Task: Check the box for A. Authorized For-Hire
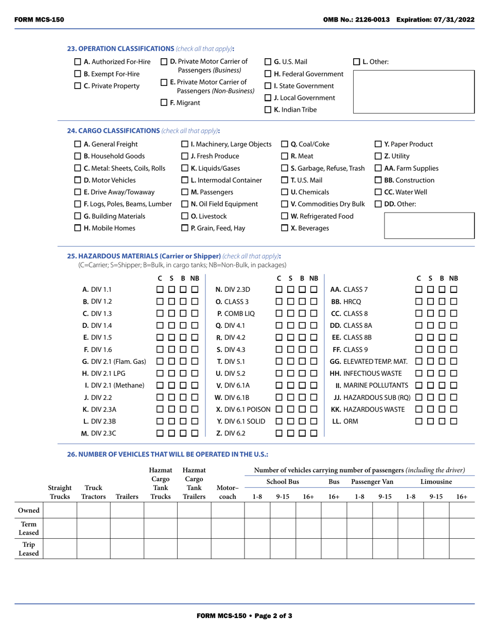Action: (x=78, y=62)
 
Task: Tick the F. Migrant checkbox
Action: (x=164, y=103)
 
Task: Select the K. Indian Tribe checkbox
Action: (x=268, y=110)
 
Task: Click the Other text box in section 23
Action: (x=413, y=92)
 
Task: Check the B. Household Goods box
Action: (x=78, y=156)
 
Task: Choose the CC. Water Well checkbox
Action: (x=378, y=192)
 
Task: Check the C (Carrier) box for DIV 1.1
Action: (x=161, y=290)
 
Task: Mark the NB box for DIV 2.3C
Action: (x=195, y=433)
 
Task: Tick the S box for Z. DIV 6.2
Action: (x=290, y=433)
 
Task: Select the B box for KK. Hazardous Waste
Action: (x=443, y=409)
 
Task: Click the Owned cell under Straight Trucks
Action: (x=60, y=509)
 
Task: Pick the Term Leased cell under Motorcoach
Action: (x=228, y=529)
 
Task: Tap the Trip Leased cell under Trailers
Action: (x=127, y=549)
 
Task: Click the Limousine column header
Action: (x=436, y=482)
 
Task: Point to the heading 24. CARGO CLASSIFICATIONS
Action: (x=114, y=131)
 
